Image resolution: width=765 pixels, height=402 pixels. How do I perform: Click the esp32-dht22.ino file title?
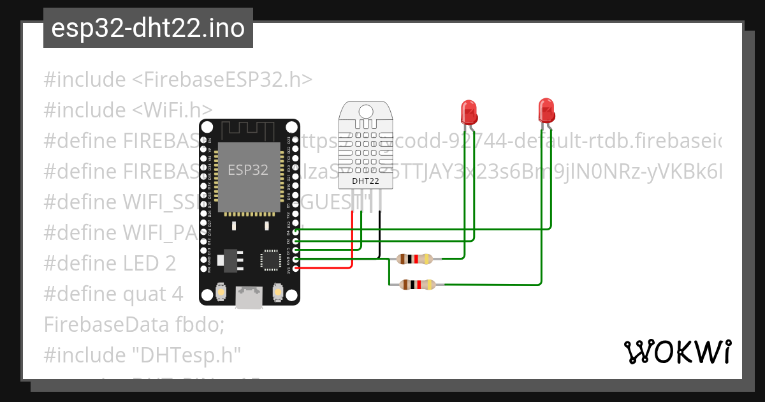pos(148,29)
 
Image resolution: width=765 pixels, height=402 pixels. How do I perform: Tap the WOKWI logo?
pos(677,352)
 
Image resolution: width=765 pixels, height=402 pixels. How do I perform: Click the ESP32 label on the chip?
pos(248,169)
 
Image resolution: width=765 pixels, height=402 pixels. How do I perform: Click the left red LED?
pos(469,112)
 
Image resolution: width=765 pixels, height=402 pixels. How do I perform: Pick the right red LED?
pos(546,111)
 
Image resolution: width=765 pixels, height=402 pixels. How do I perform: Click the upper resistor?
pos(414,259)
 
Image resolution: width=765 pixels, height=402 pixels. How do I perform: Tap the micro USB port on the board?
pos(249,297)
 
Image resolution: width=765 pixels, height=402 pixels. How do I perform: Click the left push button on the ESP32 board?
pos(221,292)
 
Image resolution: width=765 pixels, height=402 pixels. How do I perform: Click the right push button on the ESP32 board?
pos(277,292)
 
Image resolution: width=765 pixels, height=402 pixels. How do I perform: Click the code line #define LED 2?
pos(110,263)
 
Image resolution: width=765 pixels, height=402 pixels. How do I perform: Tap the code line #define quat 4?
pos(113,294)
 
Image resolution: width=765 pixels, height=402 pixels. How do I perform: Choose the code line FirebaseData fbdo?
pos(135,324)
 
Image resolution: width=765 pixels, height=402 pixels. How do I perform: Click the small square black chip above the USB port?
pos(270,260)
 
